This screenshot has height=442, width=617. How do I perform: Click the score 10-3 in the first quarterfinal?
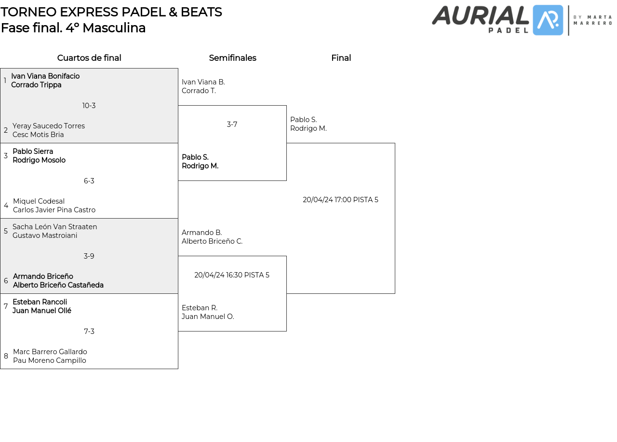coord(89,106)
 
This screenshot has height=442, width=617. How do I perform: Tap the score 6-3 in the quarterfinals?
coord(89,181)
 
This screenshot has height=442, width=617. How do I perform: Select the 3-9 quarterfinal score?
coord(89,256)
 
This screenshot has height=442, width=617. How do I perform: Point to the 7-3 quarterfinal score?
coord(89,331)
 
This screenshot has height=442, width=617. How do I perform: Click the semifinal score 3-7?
coord(232,124)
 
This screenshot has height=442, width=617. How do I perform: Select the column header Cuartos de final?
coord(89,58)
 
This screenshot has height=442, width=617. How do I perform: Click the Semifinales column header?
coord(232,58)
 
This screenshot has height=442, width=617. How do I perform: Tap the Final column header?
coord(341,58)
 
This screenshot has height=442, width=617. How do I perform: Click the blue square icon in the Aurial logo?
coord(548,20)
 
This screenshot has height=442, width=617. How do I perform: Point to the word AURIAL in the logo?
coord(480,15)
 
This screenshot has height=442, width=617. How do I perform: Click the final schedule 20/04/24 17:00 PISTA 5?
coord(340,200)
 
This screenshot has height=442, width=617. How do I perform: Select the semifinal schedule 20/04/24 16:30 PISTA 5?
coord(232,275)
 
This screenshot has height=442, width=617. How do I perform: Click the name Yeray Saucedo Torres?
coord(49,126)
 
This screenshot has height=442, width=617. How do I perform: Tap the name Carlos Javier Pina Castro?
coord(54,210)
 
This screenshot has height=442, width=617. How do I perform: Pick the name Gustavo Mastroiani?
coord(45,235)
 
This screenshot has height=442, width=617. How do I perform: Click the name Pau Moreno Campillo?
coord(50,360)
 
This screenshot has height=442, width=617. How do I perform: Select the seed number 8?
coord(6,356)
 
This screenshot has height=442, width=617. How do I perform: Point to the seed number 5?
coord(6,231)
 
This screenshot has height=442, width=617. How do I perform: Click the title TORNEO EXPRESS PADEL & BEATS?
coord(111,12)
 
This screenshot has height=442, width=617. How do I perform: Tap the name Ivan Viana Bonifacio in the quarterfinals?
coord(45,76)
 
